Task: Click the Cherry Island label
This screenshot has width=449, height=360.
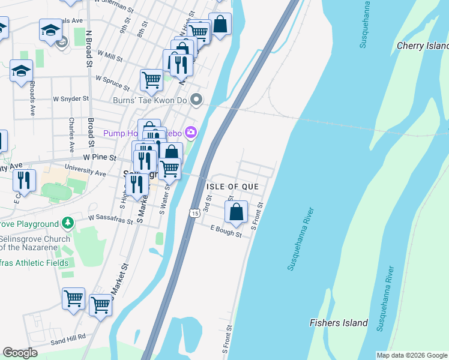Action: pos(423,46)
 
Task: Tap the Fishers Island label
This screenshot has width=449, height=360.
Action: pos(339,323)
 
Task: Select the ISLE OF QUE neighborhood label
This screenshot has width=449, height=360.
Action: pos(232,187)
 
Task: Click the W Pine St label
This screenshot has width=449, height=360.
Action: pos(98,157)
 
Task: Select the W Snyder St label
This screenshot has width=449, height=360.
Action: pos(71,98)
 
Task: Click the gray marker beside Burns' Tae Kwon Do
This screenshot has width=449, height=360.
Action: pos(195,100)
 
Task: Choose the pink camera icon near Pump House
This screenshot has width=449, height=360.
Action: pos(191,131)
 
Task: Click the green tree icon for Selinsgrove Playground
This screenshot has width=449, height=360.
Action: pos(68,223)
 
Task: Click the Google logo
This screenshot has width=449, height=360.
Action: pos(20,353)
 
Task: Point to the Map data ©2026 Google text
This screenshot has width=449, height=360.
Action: pos(412,355)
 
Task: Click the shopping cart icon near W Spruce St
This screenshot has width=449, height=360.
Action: pos(151,79)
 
